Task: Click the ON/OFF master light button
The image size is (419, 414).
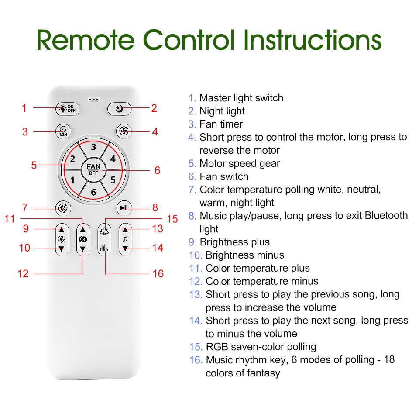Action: [68, 109]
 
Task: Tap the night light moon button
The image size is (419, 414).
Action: [119, 109]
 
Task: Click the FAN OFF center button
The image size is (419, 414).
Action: [93, 169]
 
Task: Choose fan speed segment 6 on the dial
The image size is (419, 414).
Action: [93, 192]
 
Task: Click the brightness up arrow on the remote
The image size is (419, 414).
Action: [62, 230]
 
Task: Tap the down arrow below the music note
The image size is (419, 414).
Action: [125, 248]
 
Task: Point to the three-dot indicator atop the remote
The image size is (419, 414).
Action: [93, 100]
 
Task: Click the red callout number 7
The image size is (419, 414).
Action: [25, 207]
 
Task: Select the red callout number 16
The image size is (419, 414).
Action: [158, 273]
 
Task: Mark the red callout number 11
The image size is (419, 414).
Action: [9, 219]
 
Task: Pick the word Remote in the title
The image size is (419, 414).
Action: [85, 40]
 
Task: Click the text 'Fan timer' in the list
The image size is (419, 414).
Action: [221, 124]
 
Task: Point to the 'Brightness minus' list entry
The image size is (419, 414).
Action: [244, 255]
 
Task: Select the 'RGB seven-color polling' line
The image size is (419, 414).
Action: [261, 347]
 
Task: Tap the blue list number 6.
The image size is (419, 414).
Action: [192, 176]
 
